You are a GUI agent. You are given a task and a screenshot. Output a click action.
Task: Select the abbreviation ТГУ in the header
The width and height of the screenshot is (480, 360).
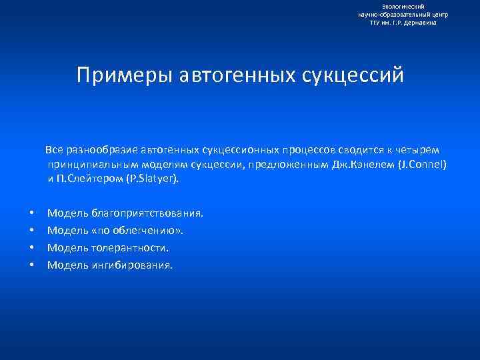click(x=377, y=22)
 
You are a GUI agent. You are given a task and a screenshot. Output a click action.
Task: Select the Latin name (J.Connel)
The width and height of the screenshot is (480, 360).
click(x=426, y=165)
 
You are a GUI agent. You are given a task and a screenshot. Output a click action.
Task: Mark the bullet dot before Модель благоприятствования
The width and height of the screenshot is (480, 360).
click(x=31, y=213)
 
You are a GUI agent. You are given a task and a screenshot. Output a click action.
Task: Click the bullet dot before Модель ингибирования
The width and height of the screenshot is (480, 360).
click(x=31, y=265)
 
